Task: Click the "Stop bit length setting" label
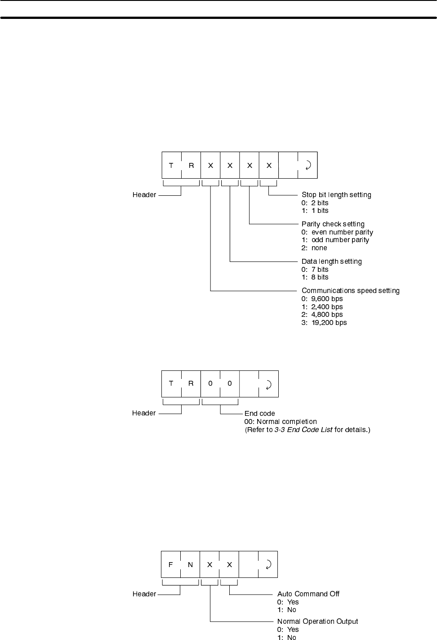(336, 195)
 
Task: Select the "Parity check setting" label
(333, 224)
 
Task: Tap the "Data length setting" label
(331, 261)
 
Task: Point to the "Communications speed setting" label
(350, 291)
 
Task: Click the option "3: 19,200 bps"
(324, 323)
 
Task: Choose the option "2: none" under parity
(314, 248)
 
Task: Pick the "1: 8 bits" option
(315, 277)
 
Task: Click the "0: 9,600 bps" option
(322, 299)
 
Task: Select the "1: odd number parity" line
(335, 240)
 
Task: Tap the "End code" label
(259, 414)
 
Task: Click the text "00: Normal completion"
(281, 422)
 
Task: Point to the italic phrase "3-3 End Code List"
(303, 430)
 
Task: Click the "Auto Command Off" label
(308, 594)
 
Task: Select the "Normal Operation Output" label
(317, 622)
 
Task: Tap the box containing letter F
(171, 564)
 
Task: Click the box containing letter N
(190, 564)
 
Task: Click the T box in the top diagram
(171, 165)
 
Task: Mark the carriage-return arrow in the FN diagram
(268, 564)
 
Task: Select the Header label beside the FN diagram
(144, 594)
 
